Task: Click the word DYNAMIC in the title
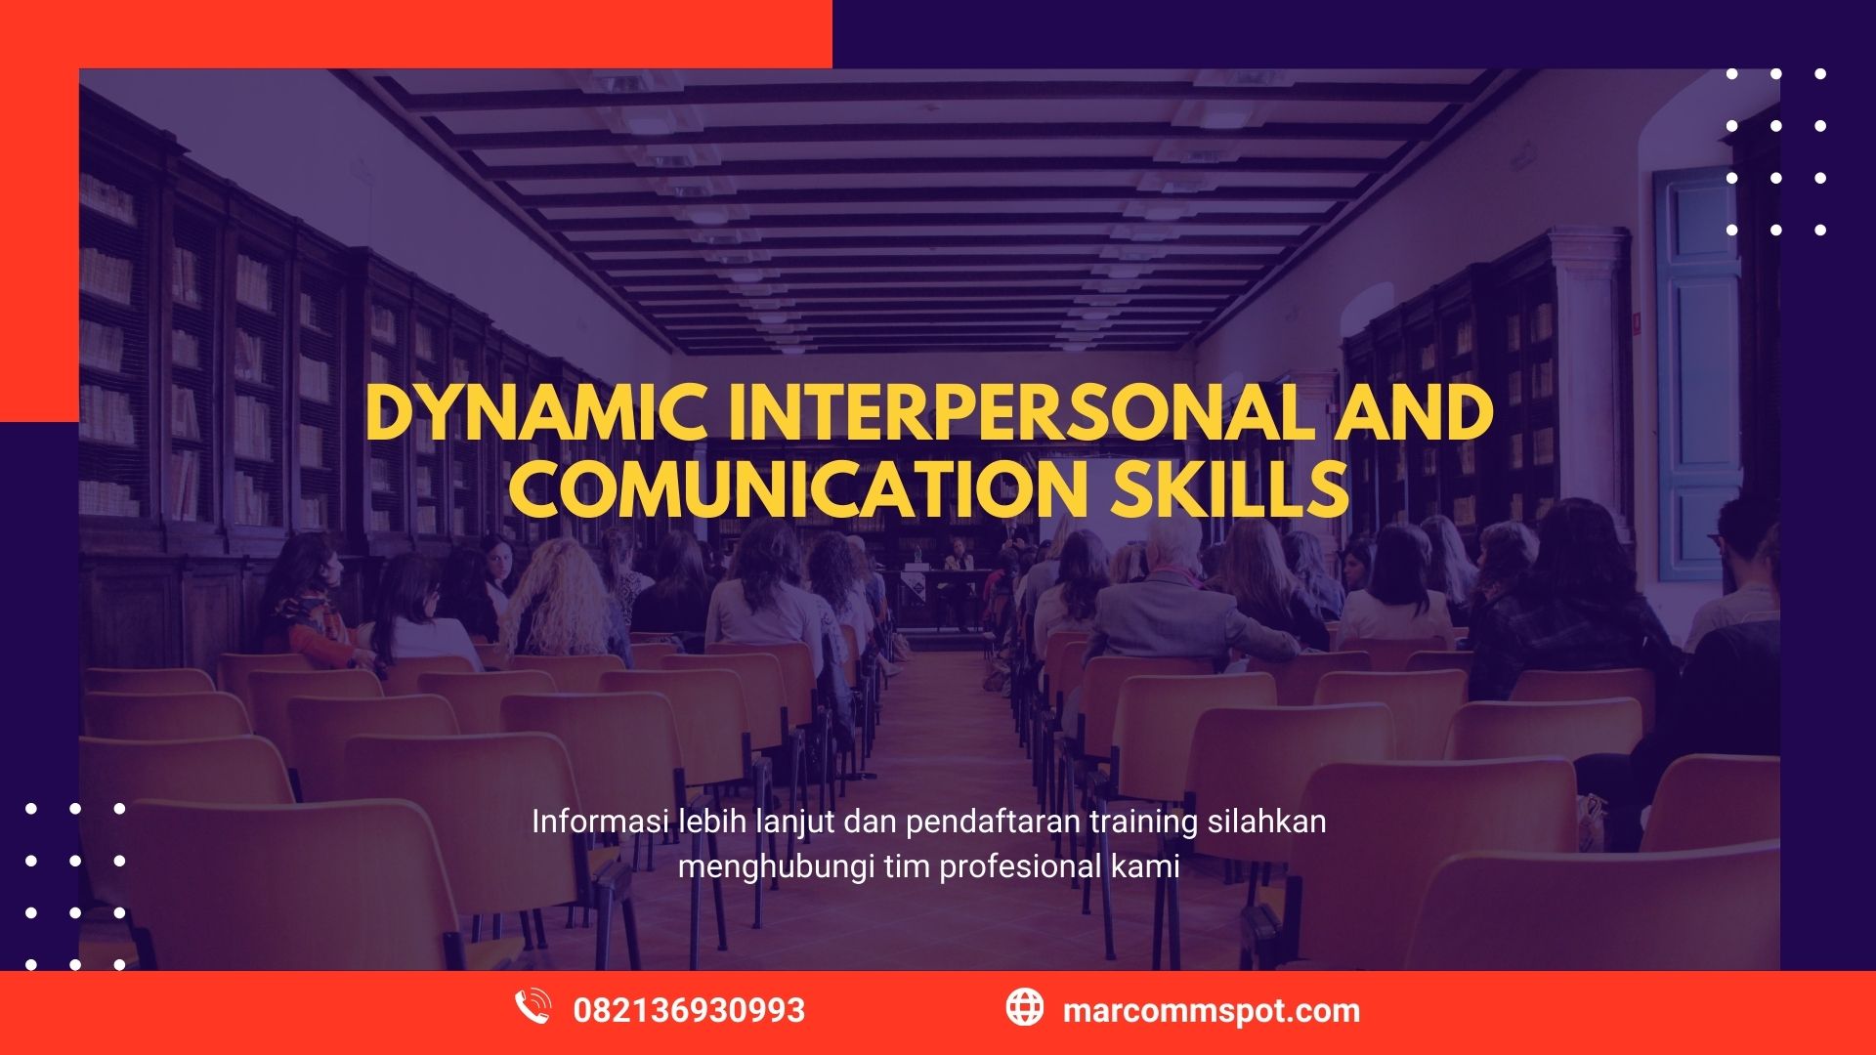tap(536, 413)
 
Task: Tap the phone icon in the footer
tap(533, 1007)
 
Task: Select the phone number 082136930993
tap(689, 1010)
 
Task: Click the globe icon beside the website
tap(1025, 1007)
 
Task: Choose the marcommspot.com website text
tap(1212, 1011)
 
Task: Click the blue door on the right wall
tap(1695, 374)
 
